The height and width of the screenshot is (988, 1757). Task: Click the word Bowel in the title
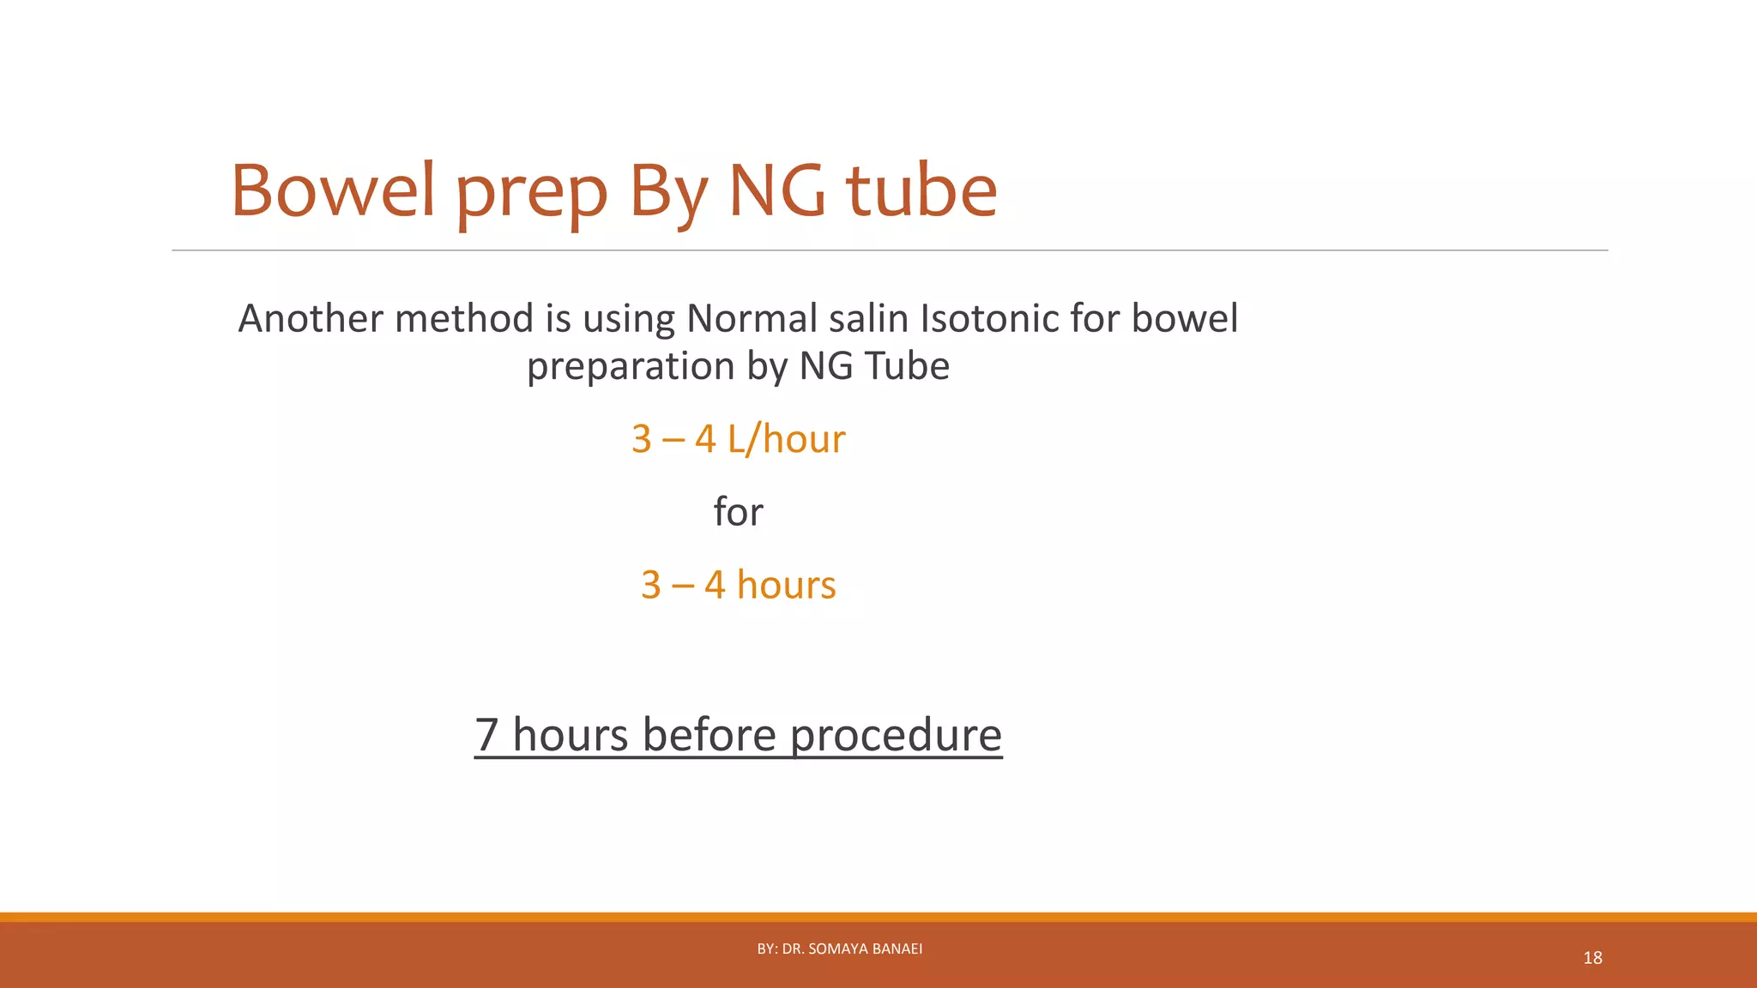click(x=333, y=190)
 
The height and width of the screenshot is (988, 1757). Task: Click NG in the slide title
click(x=776, y=190)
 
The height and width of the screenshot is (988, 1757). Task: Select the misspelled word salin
click(x=868, y=318)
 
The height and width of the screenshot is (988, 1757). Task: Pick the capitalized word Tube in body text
click(x=907, y=366)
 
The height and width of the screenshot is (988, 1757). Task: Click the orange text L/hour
click(x=786, y=439)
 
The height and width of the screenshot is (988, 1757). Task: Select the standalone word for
click(x=738, y=512)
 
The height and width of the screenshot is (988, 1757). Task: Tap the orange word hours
click(x=786, y=585)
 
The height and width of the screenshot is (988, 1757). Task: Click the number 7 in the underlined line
click(x=486, y=736)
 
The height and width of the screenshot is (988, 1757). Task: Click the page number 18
click(x=1592, y=958)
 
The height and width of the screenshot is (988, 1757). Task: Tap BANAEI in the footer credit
click(x=898, y=949)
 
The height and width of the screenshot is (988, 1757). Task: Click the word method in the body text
click(x=463, y=318)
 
